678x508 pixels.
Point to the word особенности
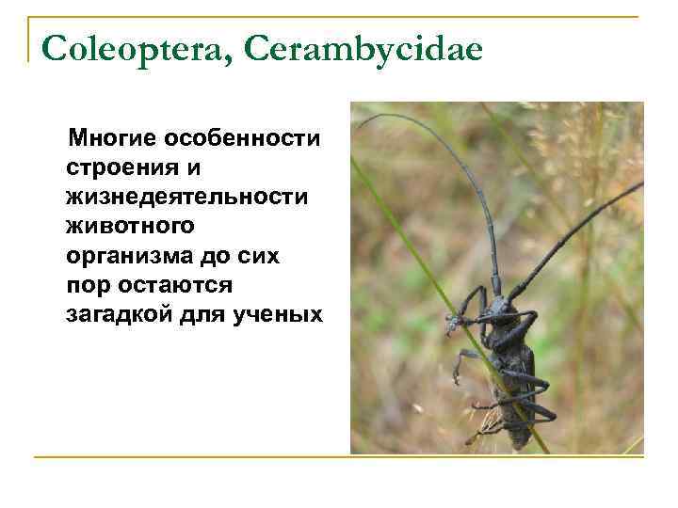click(x=243, y=140)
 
